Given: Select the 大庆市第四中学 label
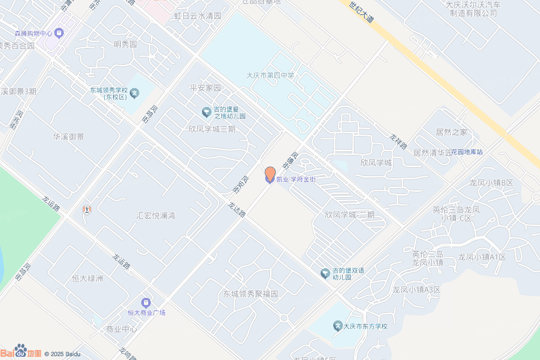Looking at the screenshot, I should pos(271,75).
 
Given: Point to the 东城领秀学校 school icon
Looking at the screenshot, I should pos(134,94).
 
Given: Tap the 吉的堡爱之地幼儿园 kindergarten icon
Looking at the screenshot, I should pos(206,112).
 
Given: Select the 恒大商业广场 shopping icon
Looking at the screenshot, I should pos(146,303).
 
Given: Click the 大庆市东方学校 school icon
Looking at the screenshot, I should pos(338,326).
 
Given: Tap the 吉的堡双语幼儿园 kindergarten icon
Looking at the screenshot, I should pos(325,273).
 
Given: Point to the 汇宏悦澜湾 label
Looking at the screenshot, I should pos(156,216).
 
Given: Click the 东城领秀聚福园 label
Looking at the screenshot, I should pos(250,294).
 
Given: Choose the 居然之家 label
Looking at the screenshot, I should pos(451,132).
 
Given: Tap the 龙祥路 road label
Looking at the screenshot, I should pos(398,141).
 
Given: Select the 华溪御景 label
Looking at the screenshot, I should pos(68,137).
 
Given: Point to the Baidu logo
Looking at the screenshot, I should pos(21,352).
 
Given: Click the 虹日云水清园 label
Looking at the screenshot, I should pos(198,16).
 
